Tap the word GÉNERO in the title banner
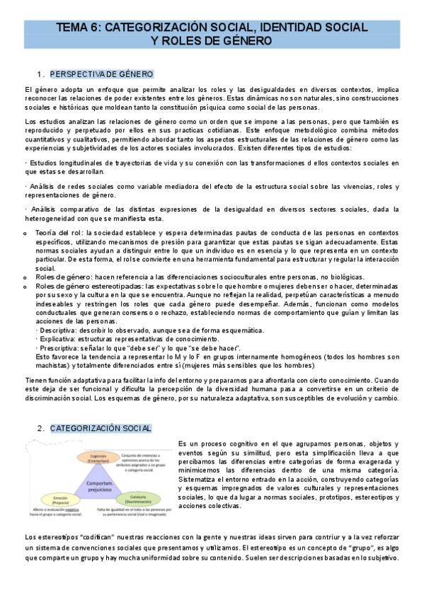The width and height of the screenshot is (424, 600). point(246,40)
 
